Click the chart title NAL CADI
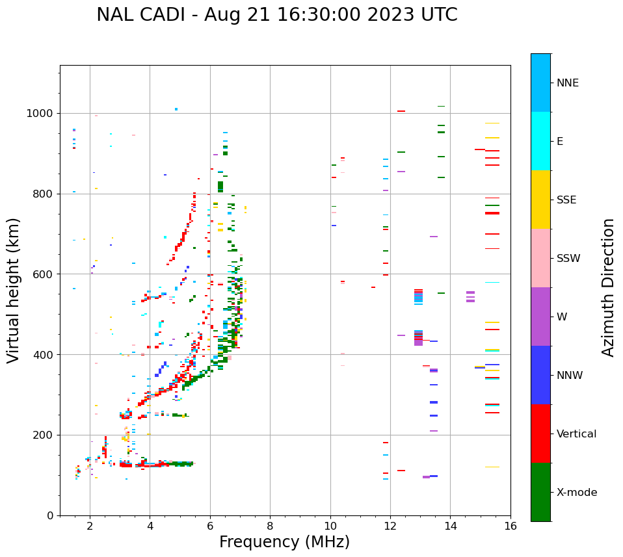[276, 15]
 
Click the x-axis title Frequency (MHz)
[284, 542]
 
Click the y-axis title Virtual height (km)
[14, 290]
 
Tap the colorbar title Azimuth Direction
[608, 287]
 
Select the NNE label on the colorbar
[568, 83]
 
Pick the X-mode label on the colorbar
[577, 493]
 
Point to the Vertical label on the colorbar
[576, 434]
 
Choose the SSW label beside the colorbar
[568, 259]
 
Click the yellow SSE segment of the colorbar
[540, 200]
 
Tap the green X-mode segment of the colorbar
[540, 492]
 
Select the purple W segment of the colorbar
[540, 317]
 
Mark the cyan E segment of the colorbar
[540, 141]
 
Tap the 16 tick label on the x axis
[510, 526]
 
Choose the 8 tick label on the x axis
[270, 526]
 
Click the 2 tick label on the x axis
[90, 526]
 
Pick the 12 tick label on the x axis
[390, 526]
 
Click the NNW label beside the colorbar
[570, 376]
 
